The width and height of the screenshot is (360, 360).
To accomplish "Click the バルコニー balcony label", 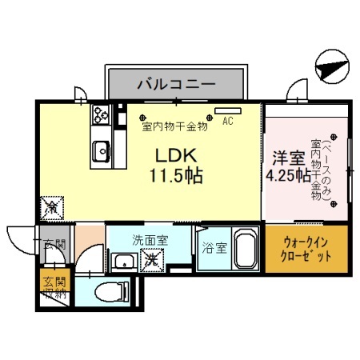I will (174, 82).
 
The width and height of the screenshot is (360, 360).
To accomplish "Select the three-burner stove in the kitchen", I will (102, 115).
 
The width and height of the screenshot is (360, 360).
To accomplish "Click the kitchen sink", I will (102, 149).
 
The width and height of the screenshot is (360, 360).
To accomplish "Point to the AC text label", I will (228, 122).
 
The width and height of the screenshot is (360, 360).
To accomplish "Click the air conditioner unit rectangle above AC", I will (228, 110).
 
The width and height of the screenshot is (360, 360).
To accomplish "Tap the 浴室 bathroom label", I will (214, 249).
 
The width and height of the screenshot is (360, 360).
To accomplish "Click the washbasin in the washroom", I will (123, 262).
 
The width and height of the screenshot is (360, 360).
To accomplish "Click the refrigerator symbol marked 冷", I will (52, 206).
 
